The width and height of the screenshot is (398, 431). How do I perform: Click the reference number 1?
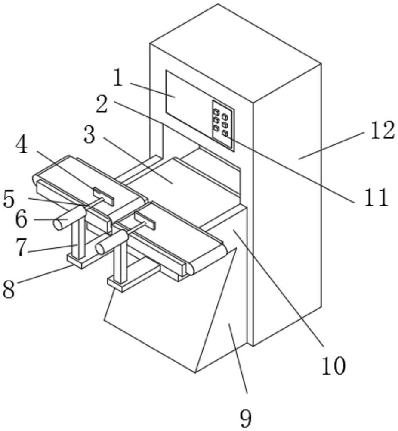click(118, 78)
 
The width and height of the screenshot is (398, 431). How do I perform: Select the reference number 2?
click(102, 104)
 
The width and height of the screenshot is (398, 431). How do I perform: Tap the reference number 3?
click(89, 135)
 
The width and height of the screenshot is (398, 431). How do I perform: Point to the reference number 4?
click(21, 146)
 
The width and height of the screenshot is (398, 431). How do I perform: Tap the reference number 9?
click(246, 417)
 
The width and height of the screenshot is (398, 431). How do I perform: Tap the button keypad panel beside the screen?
click(223, 125)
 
